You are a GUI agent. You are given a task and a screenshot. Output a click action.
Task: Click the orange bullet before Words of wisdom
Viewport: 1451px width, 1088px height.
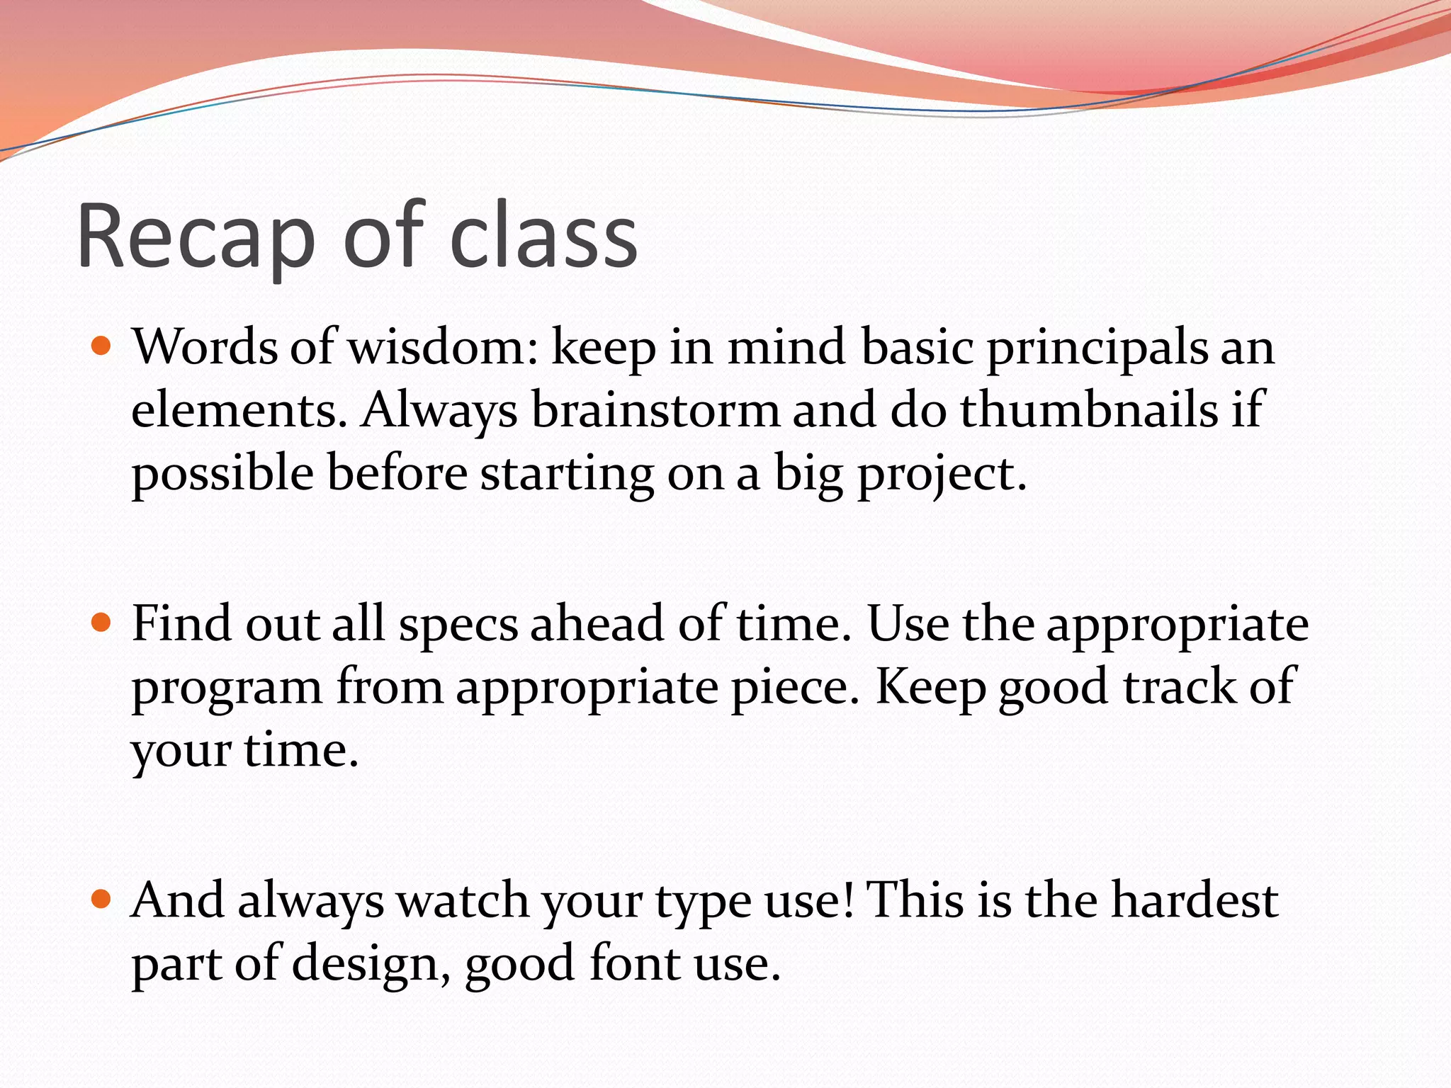(x=102, y=346)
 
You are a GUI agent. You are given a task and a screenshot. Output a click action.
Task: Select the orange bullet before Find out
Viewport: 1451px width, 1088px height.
(x=102, y=623)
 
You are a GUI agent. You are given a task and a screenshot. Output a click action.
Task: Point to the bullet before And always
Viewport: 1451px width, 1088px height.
(x=102, y=900)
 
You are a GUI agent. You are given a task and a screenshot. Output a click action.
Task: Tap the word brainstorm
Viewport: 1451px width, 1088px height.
(x=655, y=410)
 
